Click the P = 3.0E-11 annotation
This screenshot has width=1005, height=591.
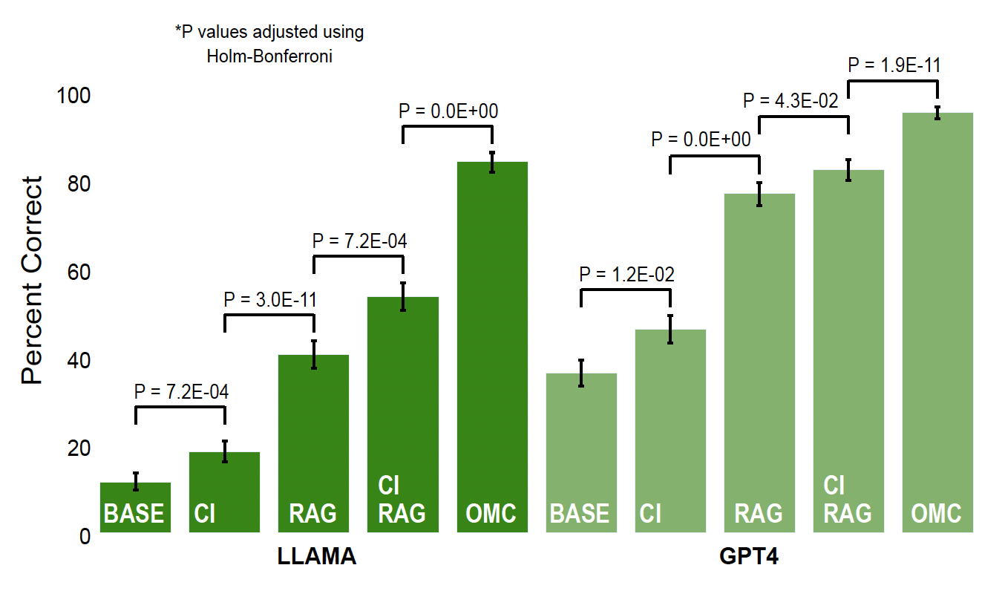pos(270,300)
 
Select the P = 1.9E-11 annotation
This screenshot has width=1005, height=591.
pos(894,65)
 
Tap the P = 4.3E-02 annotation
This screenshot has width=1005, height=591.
pos(790,100)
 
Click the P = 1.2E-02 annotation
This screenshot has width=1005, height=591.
pos(627,275)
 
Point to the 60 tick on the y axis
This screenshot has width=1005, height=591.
pos(74,272)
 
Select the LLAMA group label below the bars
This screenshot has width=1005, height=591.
pos(317,558)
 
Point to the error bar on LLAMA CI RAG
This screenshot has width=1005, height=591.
pos(403,296)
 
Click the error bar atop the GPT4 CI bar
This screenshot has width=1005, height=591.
pos(670,329)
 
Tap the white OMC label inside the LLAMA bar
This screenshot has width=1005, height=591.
pos(491,513)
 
